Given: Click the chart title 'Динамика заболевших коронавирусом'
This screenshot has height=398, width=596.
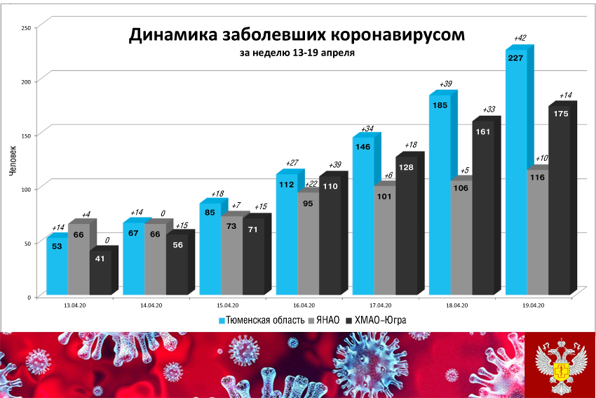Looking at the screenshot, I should tap(296, 35).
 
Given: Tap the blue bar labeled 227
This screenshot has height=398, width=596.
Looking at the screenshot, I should tap(515, 175).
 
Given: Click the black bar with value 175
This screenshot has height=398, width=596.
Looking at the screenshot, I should tap(560, 204).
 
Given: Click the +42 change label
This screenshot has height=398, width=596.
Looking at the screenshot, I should tap(520, 39).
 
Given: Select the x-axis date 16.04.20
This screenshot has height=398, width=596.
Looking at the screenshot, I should tap(303, 305).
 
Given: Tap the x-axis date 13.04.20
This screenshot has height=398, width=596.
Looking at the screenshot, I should tap(74, 305).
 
